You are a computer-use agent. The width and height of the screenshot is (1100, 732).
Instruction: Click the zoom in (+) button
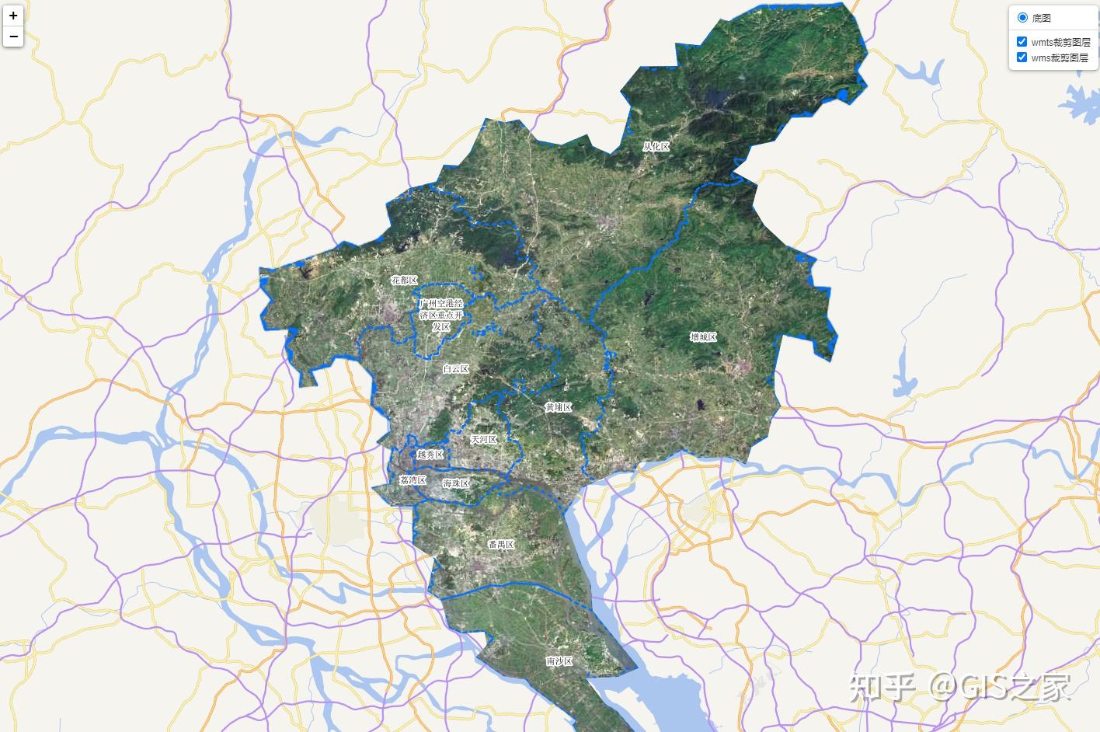click(x=13, y=16)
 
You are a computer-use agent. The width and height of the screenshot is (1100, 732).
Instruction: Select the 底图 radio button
click(x=1022, y=17)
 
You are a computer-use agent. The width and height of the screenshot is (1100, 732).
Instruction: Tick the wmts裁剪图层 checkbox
click(x=1022, y=42)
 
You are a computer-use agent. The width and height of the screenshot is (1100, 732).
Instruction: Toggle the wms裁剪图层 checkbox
click(x=1022, y=58)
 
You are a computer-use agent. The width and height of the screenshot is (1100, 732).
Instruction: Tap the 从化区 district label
click(x=656, y=146)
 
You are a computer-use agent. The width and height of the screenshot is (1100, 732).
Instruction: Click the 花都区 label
click(x=404, y=281)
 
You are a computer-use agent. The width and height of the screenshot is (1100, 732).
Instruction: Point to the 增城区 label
click(x=703, y=337)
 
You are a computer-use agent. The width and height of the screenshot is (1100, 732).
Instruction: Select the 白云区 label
click(x=455, y=369)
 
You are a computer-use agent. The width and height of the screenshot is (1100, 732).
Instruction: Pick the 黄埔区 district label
click(x=558, y=407)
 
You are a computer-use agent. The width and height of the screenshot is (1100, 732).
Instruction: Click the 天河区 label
click(x=483, y=440)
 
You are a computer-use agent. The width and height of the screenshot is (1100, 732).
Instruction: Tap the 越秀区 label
click(x=430, y=455)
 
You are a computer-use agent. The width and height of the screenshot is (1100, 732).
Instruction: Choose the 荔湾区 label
click(x=412, y=480)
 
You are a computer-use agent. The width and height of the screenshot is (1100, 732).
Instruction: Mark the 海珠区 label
click(x=456, y=483)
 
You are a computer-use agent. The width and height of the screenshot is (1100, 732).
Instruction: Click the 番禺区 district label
click(x=501, y=545)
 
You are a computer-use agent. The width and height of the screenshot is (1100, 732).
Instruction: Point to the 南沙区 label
click(x=559, y=661)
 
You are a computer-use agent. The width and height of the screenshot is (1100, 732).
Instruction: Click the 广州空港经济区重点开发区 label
click(x=440, y=315)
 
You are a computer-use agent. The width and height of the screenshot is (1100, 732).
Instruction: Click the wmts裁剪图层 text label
click(x=1060, y=42)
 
